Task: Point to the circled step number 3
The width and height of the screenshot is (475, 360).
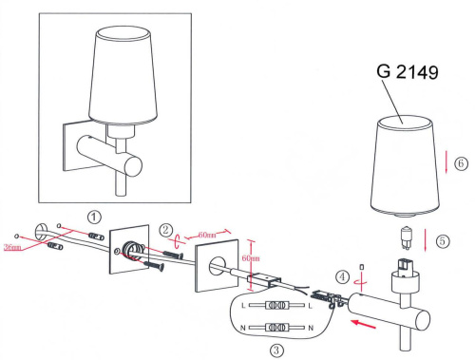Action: [x=276, y=350]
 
